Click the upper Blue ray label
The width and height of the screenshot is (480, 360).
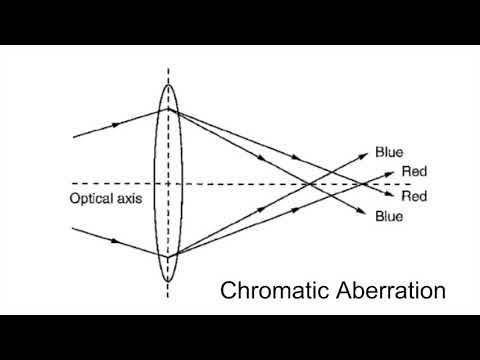[x=389, y=153]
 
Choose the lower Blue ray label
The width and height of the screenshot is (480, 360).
[x=389, y=216]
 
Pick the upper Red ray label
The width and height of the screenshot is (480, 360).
[x=414, y=172]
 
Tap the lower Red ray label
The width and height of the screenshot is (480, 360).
[x=414, y=196]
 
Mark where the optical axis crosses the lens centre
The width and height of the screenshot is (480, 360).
[x=168, y=183]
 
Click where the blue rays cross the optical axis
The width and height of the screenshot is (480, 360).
[x=310, y=183]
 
